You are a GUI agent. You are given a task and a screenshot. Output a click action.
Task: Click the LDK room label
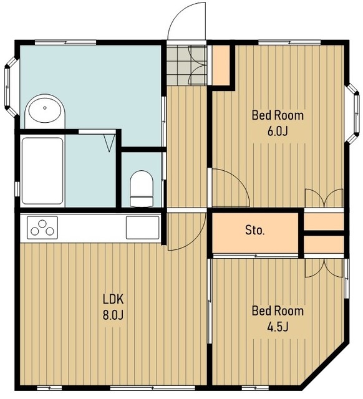point(113,299)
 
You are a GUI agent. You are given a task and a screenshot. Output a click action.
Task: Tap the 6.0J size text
point(278,132)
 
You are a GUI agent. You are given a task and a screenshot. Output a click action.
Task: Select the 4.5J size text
point(278,327)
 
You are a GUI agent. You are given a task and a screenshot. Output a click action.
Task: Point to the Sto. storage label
point(255,230)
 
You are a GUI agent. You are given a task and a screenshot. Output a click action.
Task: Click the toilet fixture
point(142,188)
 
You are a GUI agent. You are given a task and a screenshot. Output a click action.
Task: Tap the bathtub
point(42,171)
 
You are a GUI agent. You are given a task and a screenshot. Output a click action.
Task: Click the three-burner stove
point(42,228)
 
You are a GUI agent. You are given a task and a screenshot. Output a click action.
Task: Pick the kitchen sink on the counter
point(143,228)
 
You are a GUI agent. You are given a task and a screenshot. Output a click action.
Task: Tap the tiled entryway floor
point(186,65)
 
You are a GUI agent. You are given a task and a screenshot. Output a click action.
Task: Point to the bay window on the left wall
point(11,87)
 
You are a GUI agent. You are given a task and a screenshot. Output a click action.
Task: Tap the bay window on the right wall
point(353,113)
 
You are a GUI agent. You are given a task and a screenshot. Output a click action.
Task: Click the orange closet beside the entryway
point(221,65)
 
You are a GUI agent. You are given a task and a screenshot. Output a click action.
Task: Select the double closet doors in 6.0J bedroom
point(324,198)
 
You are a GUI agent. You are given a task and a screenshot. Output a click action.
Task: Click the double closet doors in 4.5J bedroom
point(324,268)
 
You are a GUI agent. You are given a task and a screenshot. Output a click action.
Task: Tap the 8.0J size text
point(113,315)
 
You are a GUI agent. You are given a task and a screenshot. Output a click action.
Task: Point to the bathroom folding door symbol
point(109,143)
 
